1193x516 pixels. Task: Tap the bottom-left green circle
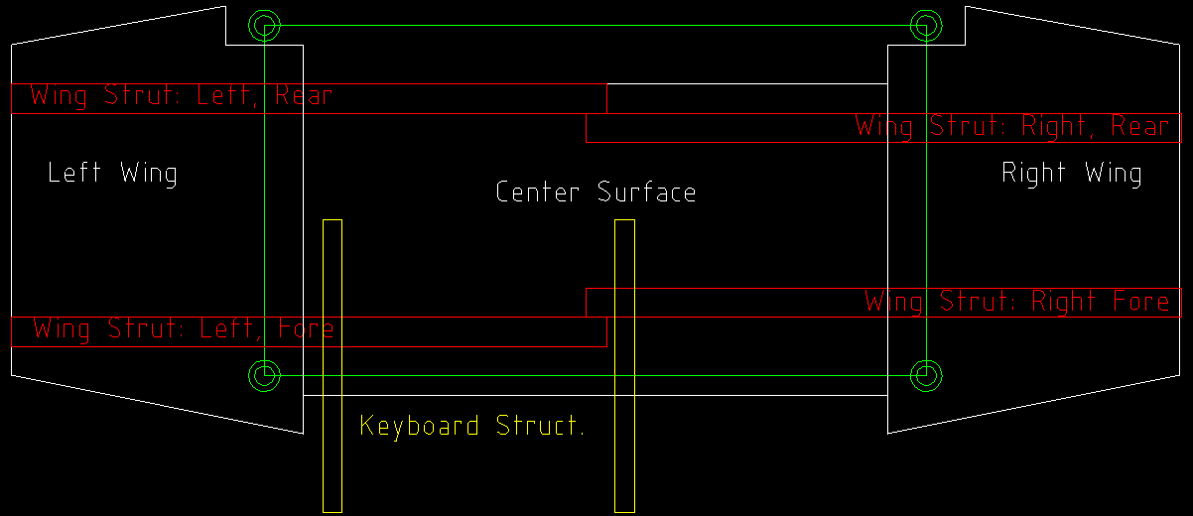[264, 375]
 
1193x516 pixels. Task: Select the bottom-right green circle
[926, 375]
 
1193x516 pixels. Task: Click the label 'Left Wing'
[112, 173]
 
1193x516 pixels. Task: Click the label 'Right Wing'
[1071, 173]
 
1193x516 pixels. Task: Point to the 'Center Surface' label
[596, 192]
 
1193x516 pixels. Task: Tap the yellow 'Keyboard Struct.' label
[471, 426]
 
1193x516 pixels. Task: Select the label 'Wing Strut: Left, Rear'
[181, 96]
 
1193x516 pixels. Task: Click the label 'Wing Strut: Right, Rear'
[1012, 126]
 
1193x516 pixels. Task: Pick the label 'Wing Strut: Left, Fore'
[184, 327]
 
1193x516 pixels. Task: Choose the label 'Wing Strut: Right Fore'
[1017, 301]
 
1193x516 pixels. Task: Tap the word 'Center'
[537, 192]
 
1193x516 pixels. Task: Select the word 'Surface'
[646, 192]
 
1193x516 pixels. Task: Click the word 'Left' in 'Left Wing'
[74, 173]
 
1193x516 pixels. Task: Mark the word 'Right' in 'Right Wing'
[1033, 173]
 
